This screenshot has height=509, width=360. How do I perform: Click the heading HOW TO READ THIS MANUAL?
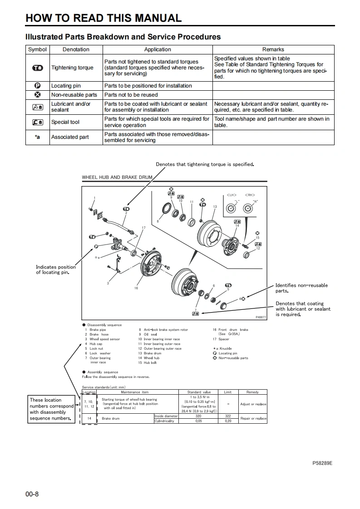pyautogui.click(x=104, y=18)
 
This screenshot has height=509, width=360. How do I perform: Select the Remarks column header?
pyautogui.click(x=273, y=49)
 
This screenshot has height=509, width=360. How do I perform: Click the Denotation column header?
pyautogui.click(x=76, y=49)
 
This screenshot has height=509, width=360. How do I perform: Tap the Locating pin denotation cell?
pyautogui.click(x=66, y=86)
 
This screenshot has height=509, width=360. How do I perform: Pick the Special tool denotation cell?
pyautogui.click(x=65, y=122)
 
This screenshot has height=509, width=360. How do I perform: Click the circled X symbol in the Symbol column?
pyautogui.click(x=38, y=95)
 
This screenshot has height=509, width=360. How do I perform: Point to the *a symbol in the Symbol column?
pyautogui.click(x=38, y=137)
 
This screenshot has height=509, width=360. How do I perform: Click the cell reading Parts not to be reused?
pyautogui.click(x=131, y=95)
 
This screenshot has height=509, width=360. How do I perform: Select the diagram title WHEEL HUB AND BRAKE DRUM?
pyautogui.click(x=117, y=177)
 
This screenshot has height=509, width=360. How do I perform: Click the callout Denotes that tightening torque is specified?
pyautogui.click(x=205, y=164)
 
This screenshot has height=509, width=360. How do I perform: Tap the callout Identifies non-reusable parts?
pyautogui.click(x=301, y=288)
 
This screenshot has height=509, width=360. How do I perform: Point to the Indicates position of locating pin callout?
pyautogui.click(x=56, y=269)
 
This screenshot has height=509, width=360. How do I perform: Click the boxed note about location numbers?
pyautogui.click(x=51, y=409)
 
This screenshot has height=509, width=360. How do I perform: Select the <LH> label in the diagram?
pyautogui.click(x=231, y=195)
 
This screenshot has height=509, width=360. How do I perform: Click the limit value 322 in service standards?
pyautogui.click(x=228, y=416)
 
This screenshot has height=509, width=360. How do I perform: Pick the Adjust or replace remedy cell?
pyautogui.click(x=253, y=404)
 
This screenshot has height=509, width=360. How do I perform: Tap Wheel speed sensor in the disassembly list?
pyautogui.click(x=104, y=339)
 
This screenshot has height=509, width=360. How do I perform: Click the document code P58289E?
pyautogui.click(x=322, y=463)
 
